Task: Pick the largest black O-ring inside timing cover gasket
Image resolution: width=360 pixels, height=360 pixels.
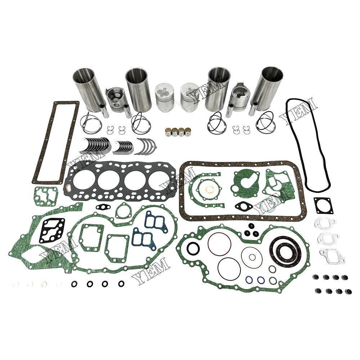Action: pos(229,269)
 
